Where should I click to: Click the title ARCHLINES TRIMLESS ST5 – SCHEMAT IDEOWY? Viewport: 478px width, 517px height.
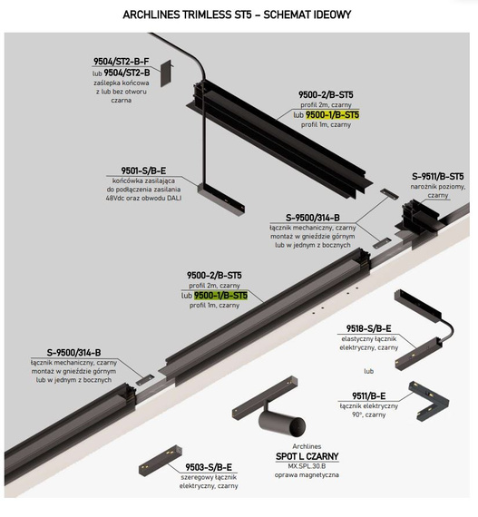click(237, 15)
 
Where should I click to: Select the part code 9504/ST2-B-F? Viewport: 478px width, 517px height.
click(121, 62)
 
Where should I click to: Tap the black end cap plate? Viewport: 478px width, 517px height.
click(166, 73)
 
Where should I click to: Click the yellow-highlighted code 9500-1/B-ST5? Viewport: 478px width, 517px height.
click(332, 115)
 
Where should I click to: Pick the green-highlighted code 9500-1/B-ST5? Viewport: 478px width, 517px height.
click(220, 296)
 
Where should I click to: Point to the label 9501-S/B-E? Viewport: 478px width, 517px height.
click(143, 171)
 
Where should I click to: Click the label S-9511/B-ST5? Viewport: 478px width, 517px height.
click(438, 177)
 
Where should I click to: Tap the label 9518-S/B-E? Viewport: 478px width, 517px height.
click(368, 328)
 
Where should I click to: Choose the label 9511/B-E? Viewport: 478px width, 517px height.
click(368, 395)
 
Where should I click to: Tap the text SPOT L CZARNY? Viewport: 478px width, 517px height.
click(307, 456)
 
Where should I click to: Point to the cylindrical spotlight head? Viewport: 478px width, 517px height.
click(282, 423)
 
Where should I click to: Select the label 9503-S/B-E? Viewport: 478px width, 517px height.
click(209, 467)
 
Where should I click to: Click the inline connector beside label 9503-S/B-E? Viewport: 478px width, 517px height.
click(161, 460)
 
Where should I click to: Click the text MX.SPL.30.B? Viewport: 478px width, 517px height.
click(307, 466)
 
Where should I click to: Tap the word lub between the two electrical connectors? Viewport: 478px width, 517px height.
click(368, 371)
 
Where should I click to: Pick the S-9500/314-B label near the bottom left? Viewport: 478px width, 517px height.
click(73, 353)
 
